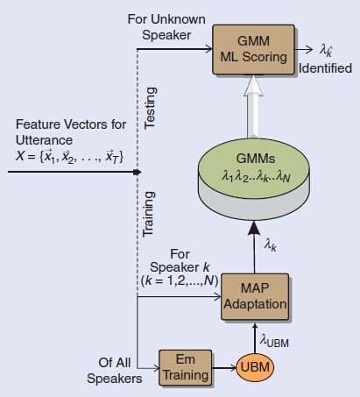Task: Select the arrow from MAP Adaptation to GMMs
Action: click(x=253, y=251)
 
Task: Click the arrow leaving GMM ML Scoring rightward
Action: click(x=303, y=51)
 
